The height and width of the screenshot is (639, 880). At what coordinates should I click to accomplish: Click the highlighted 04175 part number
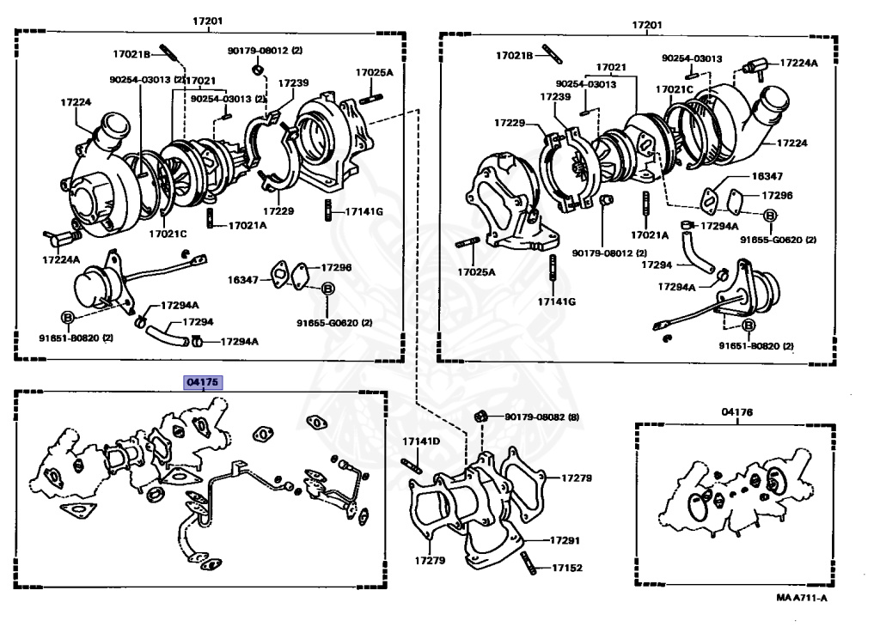203,380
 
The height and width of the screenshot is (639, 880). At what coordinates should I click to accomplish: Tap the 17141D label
421,441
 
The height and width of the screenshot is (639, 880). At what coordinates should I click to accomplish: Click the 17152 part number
566,569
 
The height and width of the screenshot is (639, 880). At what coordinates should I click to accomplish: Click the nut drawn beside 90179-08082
482,417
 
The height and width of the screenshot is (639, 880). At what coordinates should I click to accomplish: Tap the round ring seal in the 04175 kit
157,496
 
